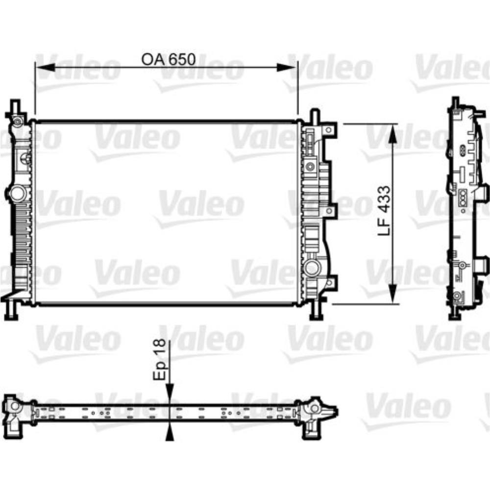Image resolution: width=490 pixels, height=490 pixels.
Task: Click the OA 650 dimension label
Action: pyautogui.click(x=168, y=59)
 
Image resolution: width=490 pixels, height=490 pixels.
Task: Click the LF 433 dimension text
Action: pyautogui.click(x=385, y=211)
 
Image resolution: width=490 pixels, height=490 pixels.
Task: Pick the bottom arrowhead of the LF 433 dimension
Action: pyautogui.click(x=392, y=296)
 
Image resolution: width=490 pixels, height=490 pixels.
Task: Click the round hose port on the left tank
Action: pyautogui.click(x=18, y=193)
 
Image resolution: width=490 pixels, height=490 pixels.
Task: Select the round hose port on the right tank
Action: pyautogui.click(x=311, y=268)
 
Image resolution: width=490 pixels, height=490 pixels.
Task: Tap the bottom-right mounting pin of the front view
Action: pyautogui.click(x=316, y=311)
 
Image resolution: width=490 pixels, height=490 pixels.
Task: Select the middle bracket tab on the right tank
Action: pyautogui.click(x=332, y=211)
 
